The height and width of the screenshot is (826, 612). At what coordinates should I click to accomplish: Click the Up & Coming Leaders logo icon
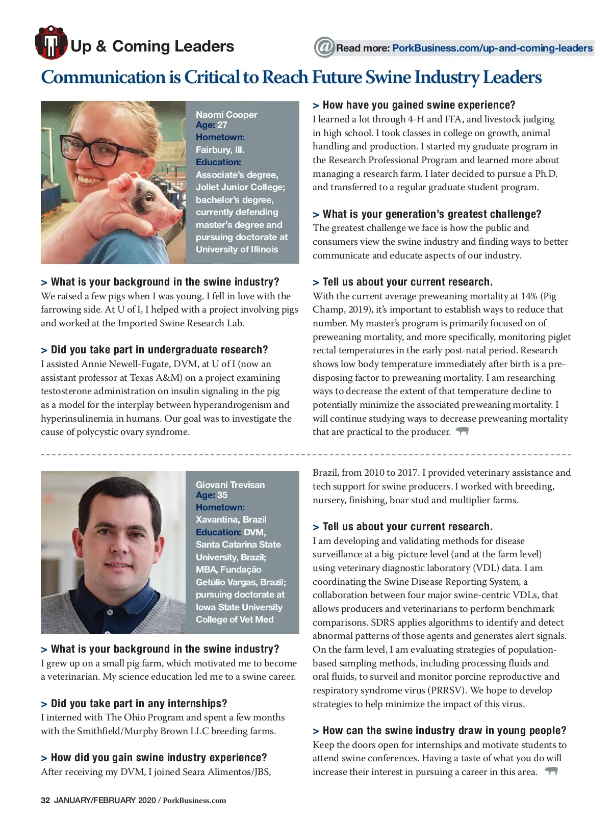coord(51,43)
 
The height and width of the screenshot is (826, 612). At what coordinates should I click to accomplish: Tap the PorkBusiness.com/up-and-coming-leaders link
coord(492,48)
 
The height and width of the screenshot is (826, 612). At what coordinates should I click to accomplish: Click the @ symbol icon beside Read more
coord(324,47)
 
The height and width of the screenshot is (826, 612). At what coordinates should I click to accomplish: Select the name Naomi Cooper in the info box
coord(226,115)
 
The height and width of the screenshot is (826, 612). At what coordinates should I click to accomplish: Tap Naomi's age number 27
coord(222,125)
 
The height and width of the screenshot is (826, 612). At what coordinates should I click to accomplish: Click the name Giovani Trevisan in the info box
coord(230,485)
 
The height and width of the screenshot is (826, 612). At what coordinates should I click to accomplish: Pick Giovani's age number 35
coord(222,495)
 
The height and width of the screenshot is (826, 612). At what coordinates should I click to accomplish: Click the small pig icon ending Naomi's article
coord(462,431)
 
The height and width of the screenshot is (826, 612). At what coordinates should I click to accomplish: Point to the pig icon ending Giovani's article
coord(551,771)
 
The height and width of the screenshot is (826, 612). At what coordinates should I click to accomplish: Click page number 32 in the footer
coord(45,800)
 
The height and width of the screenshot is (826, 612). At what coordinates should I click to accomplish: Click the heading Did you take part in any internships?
coord(139,704)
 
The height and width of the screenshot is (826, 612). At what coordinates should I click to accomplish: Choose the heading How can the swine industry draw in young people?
coord(444,731)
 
